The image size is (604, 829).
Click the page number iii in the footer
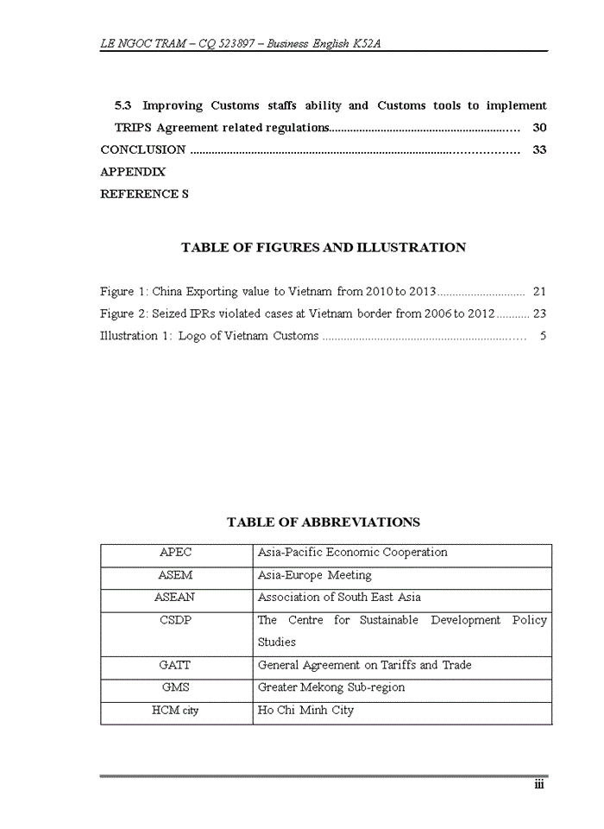coord(538,784)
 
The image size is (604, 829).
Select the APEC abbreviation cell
coord(176,553)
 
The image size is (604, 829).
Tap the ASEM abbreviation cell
coord(176,575)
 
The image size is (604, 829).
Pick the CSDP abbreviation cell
coord(176,620)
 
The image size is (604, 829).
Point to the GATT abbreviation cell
coord(176,666)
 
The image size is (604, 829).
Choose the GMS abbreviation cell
coord(176,688)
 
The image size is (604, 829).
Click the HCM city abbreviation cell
coord(176,711)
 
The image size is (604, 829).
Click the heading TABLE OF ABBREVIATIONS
coord(324,522)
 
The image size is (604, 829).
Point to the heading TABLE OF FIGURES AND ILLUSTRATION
coord(324,248)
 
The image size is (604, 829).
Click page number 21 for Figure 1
coord(539,292)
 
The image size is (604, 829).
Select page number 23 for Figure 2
coord(539,314)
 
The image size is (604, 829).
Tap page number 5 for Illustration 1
coord(543,336)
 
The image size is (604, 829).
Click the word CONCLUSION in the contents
coord(143,150)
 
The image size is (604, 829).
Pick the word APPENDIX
coord(133,173)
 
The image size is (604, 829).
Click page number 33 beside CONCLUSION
coord(539,150)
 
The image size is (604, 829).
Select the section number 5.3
coord(123,105)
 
